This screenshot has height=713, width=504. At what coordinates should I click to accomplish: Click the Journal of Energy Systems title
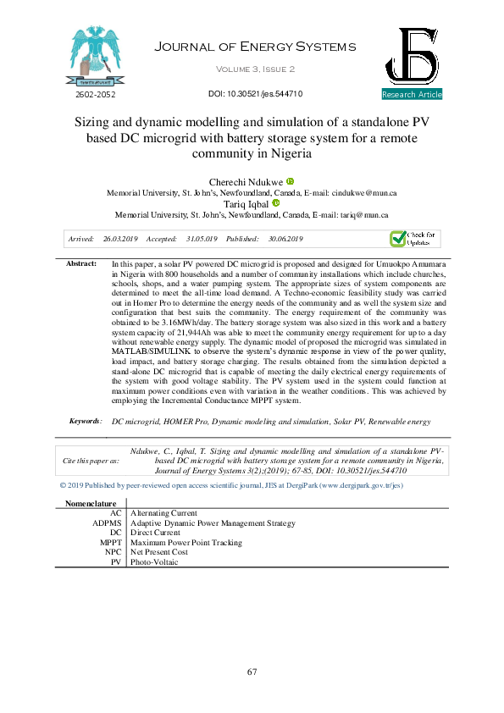tap(255, 47)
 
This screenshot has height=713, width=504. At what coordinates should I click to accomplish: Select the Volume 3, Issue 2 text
tap(255, 69)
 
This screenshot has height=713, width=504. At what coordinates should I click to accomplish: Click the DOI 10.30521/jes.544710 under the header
tap(255, 94)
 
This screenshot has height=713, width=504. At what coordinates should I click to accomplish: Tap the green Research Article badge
tap(412, 94)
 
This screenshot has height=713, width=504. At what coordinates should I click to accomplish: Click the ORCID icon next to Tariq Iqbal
tap(276, 203)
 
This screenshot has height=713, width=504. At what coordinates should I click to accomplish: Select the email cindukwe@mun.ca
tap(368, 193)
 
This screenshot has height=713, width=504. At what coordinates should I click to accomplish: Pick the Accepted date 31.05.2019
tap(199, 240)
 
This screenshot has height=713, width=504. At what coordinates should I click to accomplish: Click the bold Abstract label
tap(82, 264)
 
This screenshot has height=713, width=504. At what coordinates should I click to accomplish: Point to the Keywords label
tap(86, 420)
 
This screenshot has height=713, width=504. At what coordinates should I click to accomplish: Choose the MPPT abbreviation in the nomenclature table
tap(111, 542)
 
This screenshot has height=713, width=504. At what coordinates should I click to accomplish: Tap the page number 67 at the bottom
tap(252, 672)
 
